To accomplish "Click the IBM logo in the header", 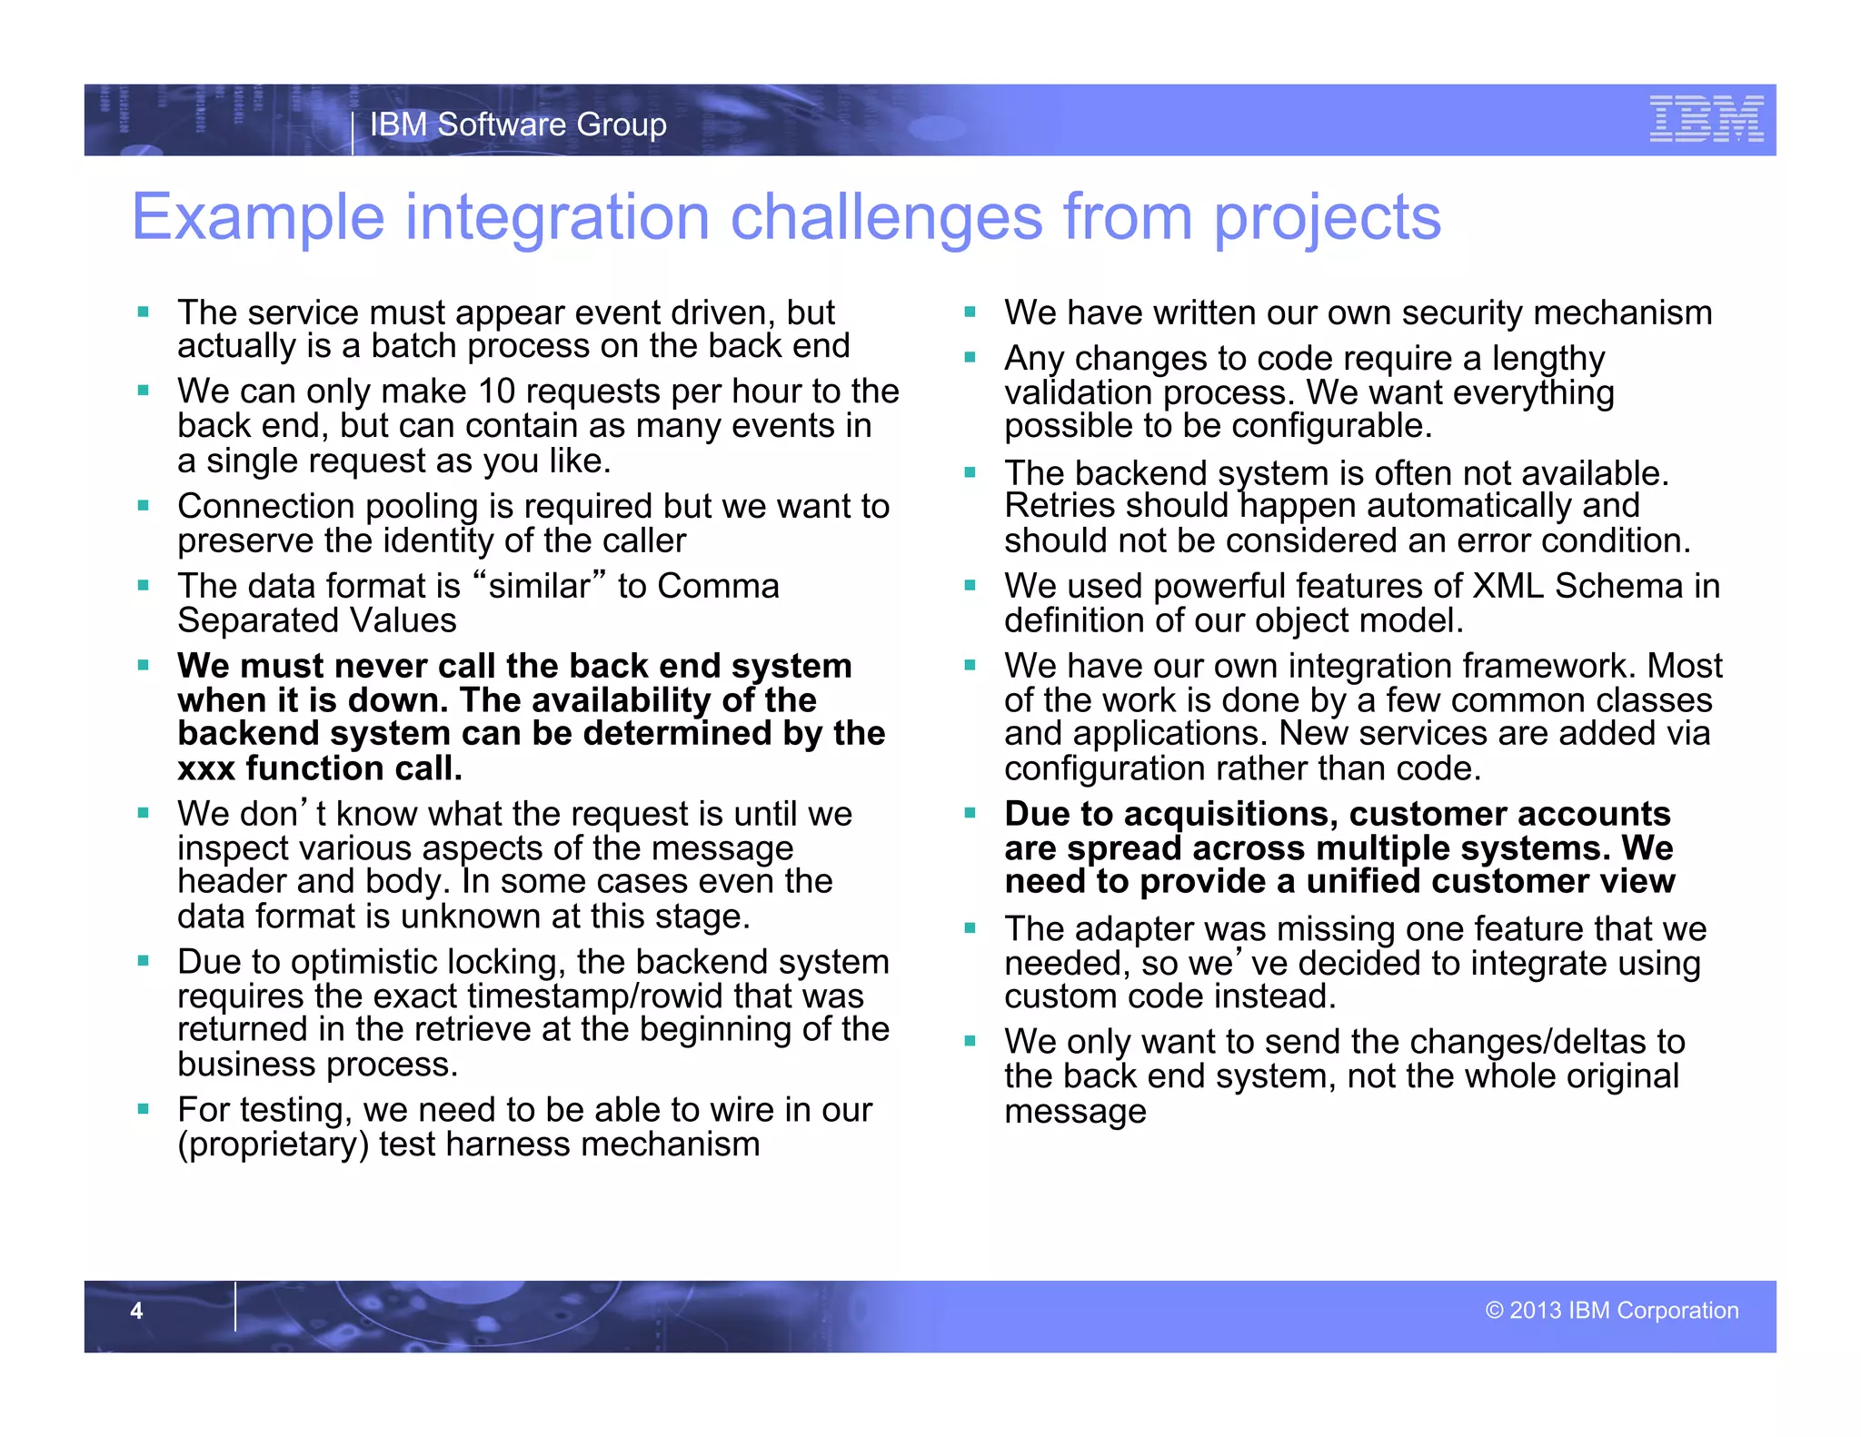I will click(1706, 119).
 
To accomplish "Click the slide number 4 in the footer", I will click(136, 1310).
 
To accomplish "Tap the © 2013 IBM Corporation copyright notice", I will click(1611, 1310).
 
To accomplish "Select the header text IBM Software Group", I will click(518, 124).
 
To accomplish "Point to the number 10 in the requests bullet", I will click(496, 391).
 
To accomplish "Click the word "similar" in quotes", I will click(540, 586).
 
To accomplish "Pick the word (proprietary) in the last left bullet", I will click(273, 1145).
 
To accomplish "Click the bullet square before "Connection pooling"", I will click(144, 505).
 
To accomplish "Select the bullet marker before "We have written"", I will click(970, 312).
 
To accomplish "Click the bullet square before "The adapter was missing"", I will click(970, 928).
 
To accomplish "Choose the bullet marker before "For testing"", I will click(144, 1109).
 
